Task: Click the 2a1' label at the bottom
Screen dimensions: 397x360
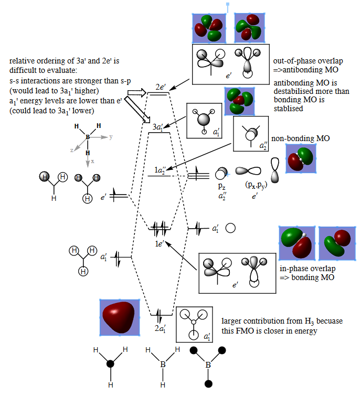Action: coord(161,329)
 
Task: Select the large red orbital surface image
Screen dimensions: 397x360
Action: coord(120,317)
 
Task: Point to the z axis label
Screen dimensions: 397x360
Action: coord(72,149)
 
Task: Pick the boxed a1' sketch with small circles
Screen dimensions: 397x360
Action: coord(193,323)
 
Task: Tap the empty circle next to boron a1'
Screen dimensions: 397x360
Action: coord(229,228)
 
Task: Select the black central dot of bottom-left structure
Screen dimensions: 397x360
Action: coord(110,363)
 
